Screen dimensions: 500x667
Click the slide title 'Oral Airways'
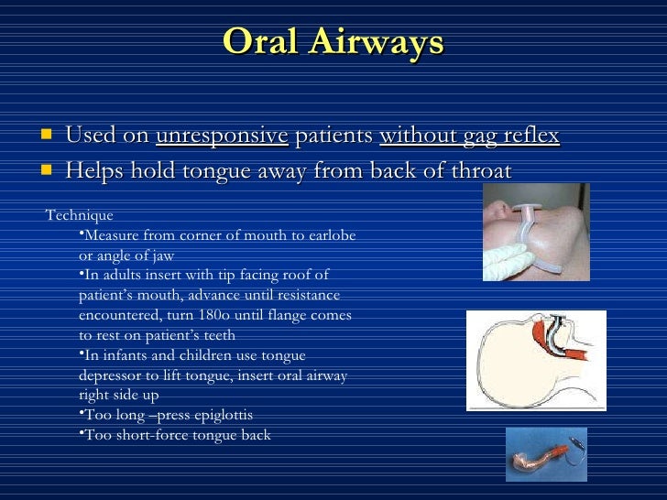pos(333,42)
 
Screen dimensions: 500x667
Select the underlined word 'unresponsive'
pos(222,136)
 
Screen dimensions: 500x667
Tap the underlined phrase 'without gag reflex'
pos(469,136)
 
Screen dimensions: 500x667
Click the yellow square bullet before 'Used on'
pos(46,136)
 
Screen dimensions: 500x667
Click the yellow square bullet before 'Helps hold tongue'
pos(46,170)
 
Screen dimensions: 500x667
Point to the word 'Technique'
pos(80,216)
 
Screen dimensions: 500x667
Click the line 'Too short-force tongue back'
pos(177,435)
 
